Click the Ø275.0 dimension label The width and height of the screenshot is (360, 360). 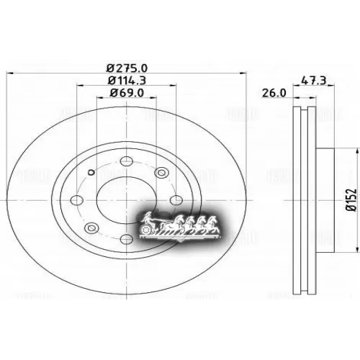point(127,68)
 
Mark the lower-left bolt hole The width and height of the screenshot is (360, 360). point(90,228)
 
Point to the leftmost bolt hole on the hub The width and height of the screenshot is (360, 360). point(77,201)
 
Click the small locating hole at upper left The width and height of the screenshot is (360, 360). point(91,172)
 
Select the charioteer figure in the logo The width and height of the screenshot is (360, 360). point(148,217)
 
